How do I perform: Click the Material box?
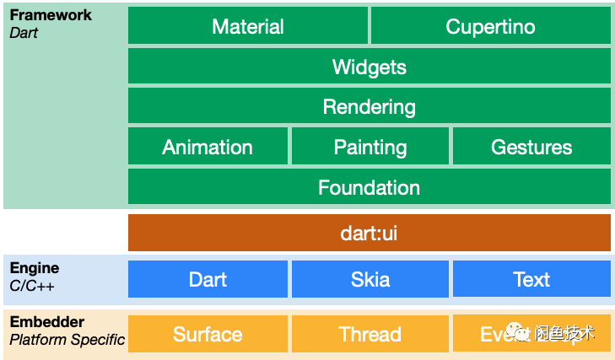point(248,26)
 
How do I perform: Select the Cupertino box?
point(490,26)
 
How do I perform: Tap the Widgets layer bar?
point(369,67)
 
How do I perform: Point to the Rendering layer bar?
point(369,107)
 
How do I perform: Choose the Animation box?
point(208,148)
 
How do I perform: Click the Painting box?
point(370,148)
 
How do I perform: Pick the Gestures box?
point(531,148)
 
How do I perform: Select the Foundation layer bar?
point(369,187)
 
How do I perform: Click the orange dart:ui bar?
point(369,233)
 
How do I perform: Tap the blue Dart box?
point(208,279)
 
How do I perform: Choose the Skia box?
point(370,279)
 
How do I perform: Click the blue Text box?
point(531,279)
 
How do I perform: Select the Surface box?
point(208,334)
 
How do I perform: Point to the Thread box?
point(370,334)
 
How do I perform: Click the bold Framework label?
point(51,15)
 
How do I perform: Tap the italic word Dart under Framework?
point(24,33)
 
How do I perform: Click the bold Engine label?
point(35,268)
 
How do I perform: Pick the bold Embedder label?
point(47,322)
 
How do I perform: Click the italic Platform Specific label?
point(67,340)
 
